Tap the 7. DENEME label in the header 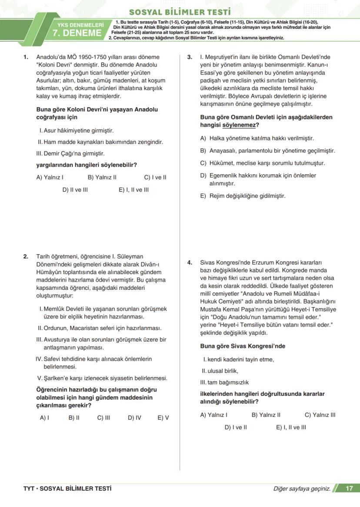(77, 33)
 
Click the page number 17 (349, 488)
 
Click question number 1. (26, 57)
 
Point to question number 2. (26, 256)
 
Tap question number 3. (190, 57)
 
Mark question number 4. (190, 262)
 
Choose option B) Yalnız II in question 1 (102, 177)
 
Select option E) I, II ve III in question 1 (133, 189)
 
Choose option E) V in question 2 (163, 418)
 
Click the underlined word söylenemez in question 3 (238, 125)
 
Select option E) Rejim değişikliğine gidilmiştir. (243, 196)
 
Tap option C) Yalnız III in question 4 (320, 415)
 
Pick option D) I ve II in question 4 (236, 427)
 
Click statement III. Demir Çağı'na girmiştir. (72, 153)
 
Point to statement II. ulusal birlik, (220, 371)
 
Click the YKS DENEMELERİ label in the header (80, 25)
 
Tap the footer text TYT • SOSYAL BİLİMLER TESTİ (67, 488)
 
